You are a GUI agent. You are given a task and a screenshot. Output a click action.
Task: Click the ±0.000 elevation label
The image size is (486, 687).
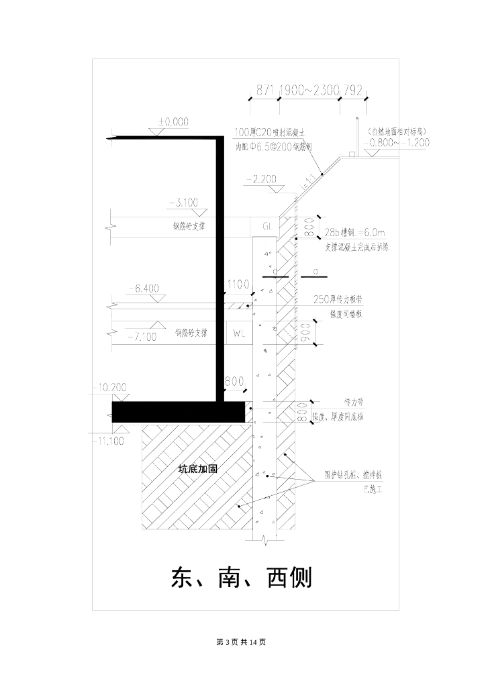173,122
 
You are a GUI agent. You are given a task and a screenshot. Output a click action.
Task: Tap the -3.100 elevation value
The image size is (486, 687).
184,203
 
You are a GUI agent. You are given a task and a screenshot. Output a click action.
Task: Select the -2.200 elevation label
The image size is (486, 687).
262,179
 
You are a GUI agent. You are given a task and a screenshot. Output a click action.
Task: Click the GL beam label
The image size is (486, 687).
267,227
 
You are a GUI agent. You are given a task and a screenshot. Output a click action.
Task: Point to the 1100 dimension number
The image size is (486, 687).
238,284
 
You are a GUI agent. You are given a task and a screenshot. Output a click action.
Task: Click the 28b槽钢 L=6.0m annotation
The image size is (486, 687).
355,232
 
